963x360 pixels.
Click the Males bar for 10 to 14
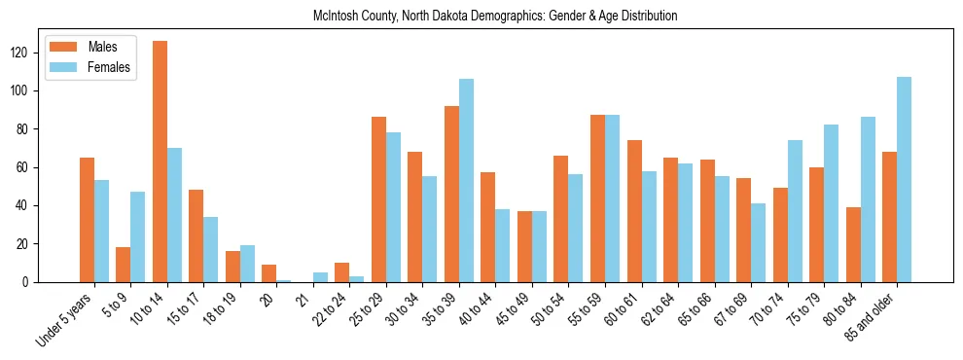click(160, 162)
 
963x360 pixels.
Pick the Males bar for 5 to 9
click(124, 265)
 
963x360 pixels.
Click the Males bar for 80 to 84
click(853, 244)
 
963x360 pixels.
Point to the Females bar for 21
click(320, 277)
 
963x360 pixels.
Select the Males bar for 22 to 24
click(342, 272)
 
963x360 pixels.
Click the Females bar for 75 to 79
click(832, 203)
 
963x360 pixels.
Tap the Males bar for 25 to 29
click(378, 199)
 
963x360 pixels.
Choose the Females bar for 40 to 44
click(503, 245)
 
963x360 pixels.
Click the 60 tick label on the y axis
click(29, 167)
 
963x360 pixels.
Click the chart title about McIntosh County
click(495, 17)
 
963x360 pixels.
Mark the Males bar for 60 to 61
click(634, 211)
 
